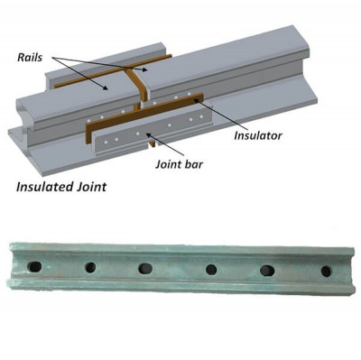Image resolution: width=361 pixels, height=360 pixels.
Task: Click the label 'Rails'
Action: [30, 58]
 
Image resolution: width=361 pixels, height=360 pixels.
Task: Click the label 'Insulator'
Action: [258, 135]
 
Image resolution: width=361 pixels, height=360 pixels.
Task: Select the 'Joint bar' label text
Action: [179, 164]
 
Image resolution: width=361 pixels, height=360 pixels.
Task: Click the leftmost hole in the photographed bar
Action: [34, 266]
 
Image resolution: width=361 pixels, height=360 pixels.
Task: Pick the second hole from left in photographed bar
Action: [90, 267]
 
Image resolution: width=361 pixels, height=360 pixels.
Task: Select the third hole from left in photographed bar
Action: [145, 268]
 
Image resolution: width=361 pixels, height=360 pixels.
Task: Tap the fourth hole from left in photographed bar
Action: [211, 270]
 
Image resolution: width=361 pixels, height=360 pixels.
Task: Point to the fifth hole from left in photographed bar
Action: [267, 271]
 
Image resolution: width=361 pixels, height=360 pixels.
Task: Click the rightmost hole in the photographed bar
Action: [326, 272]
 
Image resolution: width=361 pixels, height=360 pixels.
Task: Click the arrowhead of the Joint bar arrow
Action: [147, 134]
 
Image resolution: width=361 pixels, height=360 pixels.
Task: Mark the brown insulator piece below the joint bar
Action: [153, 144]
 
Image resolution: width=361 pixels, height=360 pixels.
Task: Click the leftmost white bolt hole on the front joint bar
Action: [105, 141]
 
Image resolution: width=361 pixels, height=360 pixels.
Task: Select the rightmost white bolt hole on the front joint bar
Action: [201, 116]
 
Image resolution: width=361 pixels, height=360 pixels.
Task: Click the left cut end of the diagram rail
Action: [23, 120]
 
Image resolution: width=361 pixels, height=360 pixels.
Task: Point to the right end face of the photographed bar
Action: [353, 271]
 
